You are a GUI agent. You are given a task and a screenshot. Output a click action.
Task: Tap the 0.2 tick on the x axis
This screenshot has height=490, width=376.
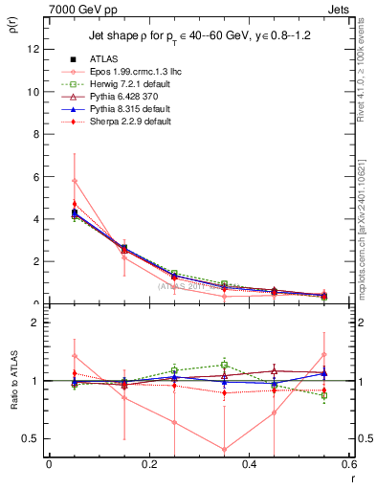pos(148,464)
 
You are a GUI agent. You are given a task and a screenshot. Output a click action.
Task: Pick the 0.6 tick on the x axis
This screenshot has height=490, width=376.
pos(348,464)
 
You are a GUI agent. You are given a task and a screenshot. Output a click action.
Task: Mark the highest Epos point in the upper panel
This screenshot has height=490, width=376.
pos(75,181)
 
